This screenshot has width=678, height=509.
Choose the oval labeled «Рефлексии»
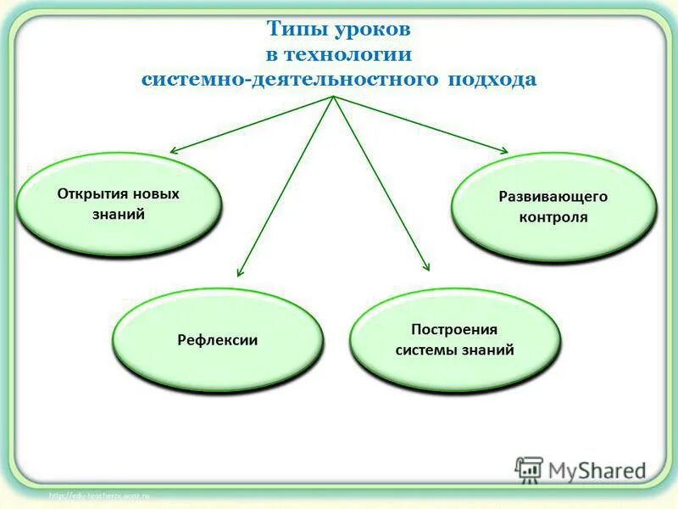218,340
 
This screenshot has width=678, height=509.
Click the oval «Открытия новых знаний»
119,204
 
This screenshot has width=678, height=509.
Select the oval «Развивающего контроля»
553,207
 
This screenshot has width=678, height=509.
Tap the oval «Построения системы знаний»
455,339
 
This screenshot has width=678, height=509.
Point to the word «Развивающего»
553,197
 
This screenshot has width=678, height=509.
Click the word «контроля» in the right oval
553,217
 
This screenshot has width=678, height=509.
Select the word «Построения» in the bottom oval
454,329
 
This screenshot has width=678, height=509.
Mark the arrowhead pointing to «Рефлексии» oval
240,273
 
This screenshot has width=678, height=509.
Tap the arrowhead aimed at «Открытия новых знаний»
174,151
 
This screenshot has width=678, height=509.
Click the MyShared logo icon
529,469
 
